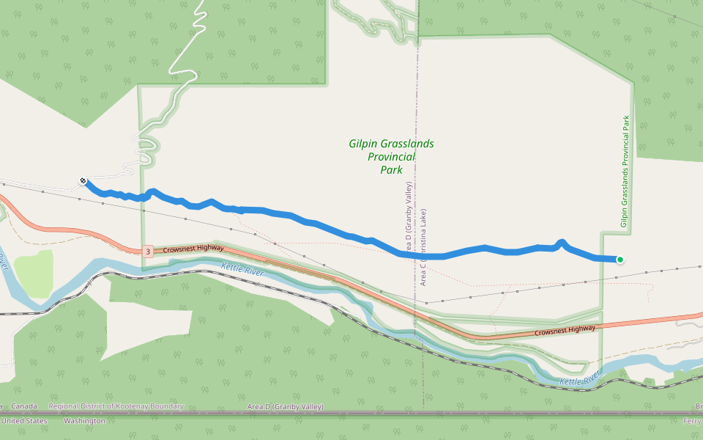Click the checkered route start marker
click(83, 180)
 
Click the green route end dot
click(620, 259)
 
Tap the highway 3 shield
click(148, 252)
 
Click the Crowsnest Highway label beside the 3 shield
click(193, 249)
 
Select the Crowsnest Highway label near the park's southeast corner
click(565, 330)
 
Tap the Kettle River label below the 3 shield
click(242, 268)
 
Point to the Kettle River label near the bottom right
click(580, 379)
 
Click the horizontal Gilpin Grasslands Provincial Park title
click(391, 156)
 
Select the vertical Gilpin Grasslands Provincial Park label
click(625, 171)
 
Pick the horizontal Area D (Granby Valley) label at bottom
click(285, 407)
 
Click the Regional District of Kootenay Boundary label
click(116, 407)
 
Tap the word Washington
click(84, 421)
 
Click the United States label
click(23, 421)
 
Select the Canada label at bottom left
click(23, 407)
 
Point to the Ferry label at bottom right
click(692, 421)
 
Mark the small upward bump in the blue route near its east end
click(562, 242)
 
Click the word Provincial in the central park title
click(391, 157)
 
